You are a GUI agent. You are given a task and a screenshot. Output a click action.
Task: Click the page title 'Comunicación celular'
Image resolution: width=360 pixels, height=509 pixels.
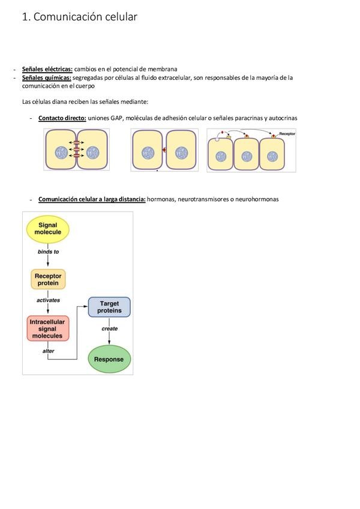(85, 17)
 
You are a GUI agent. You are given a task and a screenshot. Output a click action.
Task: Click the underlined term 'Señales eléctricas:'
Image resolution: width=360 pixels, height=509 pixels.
(47, 69)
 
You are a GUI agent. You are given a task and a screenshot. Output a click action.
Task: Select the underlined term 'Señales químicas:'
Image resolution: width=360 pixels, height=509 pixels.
(47, 77)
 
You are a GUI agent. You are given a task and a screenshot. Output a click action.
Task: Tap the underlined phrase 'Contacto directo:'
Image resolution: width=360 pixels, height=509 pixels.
(62, 118)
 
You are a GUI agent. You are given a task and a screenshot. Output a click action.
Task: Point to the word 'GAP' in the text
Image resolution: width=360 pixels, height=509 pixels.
(117, 118)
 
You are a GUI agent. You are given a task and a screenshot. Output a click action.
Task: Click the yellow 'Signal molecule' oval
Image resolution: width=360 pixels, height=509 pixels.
(48, 229)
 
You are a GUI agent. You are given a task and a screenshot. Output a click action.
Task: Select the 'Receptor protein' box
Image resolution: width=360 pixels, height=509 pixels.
(48, 280)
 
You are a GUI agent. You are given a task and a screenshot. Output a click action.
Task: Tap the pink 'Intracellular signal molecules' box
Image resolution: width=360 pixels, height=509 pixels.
(47, 329)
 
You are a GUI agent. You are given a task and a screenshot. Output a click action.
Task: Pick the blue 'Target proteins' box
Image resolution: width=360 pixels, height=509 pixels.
(109, 307)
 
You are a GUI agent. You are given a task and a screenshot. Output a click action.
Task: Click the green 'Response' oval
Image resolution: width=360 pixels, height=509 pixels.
(109, 359)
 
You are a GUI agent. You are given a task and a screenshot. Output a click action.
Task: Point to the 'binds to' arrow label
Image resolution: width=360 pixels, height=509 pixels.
(48, 251)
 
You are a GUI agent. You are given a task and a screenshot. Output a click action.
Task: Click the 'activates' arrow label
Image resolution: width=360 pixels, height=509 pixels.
(48, 300)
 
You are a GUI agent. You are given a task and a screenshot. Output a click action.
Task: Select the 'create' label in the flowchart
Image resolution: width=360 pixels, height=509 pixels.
(110, 328)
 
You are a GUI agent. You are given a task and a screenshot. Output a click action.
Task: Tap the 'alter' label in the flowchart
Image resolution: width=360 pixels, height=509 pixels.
(49, 351)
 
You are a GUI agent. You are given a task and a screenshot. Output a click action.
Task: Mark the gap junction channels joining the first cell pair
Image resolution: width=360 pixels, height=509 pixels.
(77, 150)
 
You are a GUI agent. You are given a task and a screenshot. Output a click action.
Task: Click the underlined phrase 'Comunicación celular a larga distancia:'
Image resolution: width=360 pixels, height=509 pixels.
(92, 199)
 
